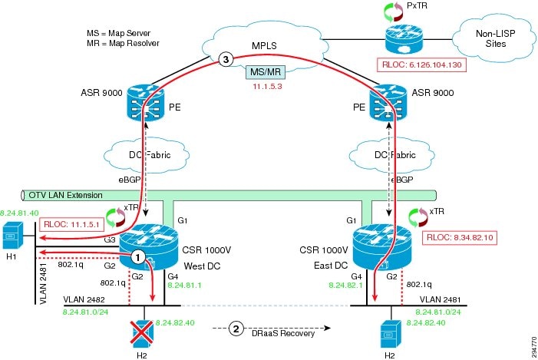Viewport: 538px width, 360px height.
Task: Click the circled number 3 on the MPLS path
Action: click(x=225, y=58)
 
